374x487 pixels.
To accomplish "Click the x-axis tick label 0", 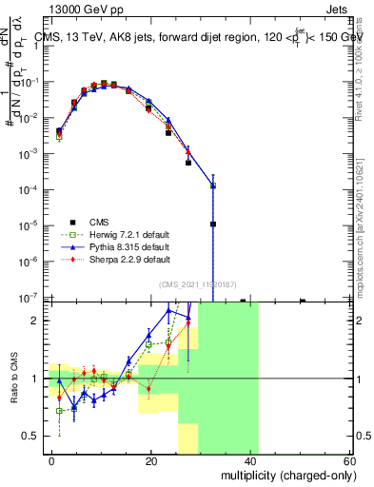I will [52, 459].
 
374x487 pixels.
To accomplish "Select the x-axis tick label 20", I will [151, 459].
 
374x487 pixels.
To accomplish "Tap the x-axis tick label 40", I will [250, 459].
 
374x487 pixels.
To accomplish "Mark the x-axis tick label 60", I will [349, 459].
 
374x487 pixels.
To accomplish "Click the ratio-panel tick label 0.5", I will [33, 436].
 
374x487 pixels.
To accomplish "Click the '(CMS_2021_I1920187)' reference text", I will [200, 284].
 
